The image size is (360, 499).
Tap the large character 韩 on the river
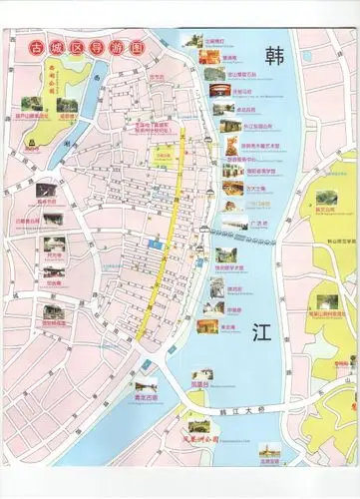(x=268, y=56)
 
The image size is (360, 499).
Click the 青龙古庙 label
(x=147, y=398)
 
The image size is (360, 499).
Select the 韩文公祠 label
(x=325, y=210)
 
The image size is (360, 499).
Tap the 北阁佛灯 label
(x=216, y=43)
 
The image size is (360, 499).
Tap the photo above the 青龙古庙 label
(x=147, y=383)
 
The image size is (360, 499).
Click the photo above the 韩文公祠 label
(x=325, y=195)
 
